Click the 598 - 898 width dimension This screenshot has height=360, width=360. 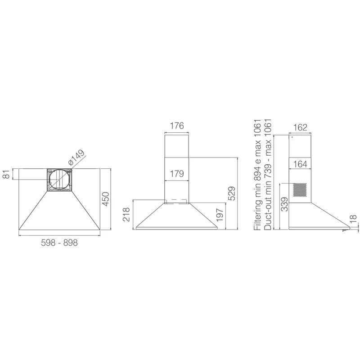pyautogui.click(x=59, y=243)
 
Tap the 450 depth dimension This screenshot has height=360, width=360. pyautogui.click(x=105, y=199)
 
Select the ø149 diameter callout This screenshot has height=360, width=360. pyautogui.click(x=76, y=157)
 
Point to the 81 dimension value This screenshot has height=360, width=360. pyautogui.click(x=7, y=174)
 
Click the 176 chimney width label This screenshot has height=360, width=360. pyautogui.click(x=177, y=126)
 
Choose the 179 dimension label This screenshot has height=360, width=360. pyautogui.click(x=177, y=174)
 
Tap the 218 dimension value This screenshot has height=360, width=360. pyautogui.click(x=126, y=215)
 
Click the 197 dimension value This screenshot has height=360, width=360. pyautogui.click(x=220, y=215)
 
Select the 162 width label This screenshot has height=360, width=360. pyautogui.click(x=300, y=127)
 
